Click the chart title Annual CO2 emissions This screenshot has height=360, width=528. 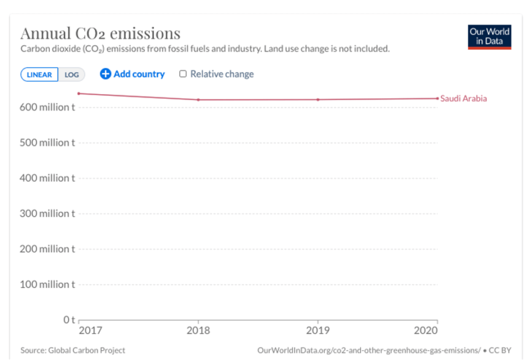101,33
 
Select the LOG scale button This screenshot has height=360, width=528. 72,74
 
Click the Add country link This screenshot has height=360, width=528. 133,74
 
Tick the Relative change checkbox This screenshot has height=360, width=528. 183,74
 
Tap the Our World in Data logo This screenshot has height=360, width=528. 489,36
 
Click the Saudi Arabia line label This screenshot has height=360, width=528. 464,98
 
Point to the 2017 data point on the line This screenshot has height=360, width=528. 79,93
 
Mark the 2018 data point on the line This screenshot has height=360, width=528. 198,100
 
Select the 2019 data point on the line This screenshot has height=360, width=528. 318,100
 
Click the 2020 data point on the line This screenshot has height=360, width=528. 437,98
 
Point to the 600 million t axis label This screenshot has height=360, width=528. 49,108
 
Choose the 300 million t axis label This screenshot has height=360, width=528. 49,213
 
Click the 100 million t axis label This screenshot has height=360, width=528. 49,284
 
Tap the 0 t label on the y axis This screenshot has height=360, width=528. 68,320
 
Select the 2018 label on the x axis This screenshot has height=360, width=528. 198,331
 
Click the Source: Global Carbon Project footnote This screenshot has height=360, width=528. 73,350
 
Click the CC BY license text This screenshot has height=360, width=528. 500,350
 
